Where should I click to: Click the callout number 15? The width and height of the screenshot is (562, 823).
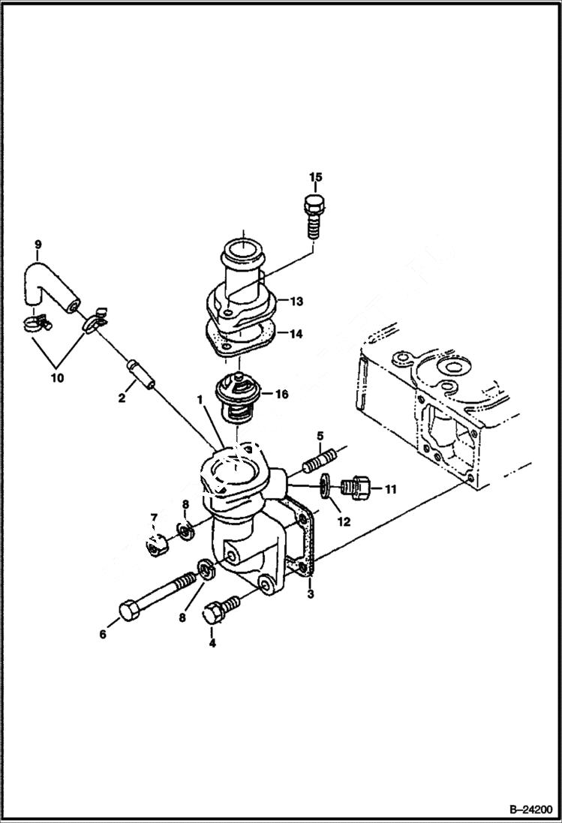315,177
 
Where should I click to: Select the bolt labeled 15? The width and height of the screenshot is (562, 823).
314,213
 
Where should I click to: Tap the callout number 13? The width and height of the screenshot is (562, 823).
296,302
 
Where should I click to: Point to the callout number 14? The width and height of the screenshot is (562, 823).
296,335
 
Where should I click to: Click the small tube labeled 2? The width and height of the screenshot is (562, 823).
141,373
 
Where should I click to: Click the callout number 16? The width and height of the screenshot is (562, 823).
280,392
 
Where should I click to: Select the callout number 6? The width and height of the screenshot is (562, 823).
103,635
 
